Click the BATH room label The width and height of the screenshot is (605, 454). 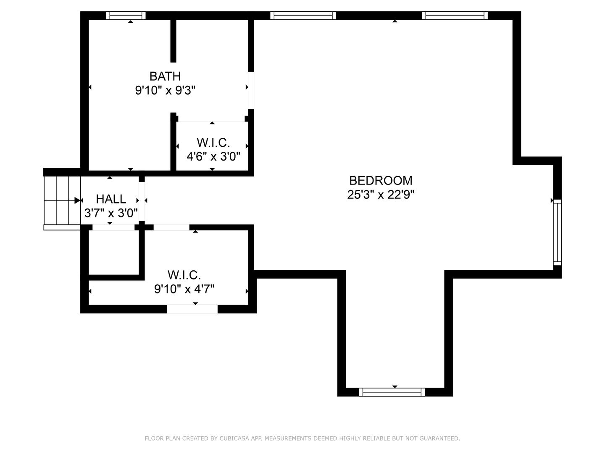pyautogui.click(x=165, y=76)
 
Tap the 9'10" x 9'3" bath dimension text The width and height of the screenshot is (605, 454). pyautogui.click(x=165, y=90)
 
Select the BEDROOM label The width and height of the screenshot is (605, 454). pyautogui.click(x=380, y=181)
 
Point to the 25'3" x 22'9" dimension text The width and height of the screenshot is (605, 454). pyautogui.click(x=380, y=195)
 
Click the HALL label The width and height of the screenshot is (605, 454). pyautogui.click(x=111, y=199)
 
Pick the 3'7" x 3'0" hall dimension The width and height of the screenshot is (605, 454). pyautogui.click(x=111, y=213)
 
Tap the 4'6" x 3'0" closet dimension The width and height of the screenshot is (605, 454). pyautogui.click(x=213, y=156)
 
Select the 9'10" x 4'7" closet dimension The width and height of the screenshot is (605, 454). pyautogui.click(x=184, y=289)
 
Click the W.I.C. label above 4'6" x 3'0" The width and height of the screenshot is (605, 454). pyautogui.click(x=213, y=143)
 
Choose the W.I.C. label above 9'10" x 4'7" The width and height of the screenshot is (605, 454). pyautogui.click(x=184, y=275)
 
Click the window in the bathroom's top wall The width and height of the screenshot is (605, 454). pyautogui.click(x=126, y=16)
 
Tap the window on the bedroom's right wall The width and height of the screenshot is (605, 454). pyautogui.click(x=557, y=232)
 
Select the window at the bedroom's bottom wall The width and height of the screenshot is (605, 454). pyautogui.click(x=392, y=392)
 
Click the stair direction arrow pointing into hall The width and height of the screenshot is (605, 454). pyautogui.click(x=77, y=201)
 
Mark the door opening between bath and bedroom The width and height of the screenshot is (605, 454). pyautogui.click(x=251, y=90)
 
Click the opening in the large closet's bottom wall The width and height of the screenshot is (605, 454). pyautogui.click(x=192, y=309)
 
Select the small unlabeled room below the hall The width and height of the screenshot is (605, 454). pyautogui.click(x=114, y=252)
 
